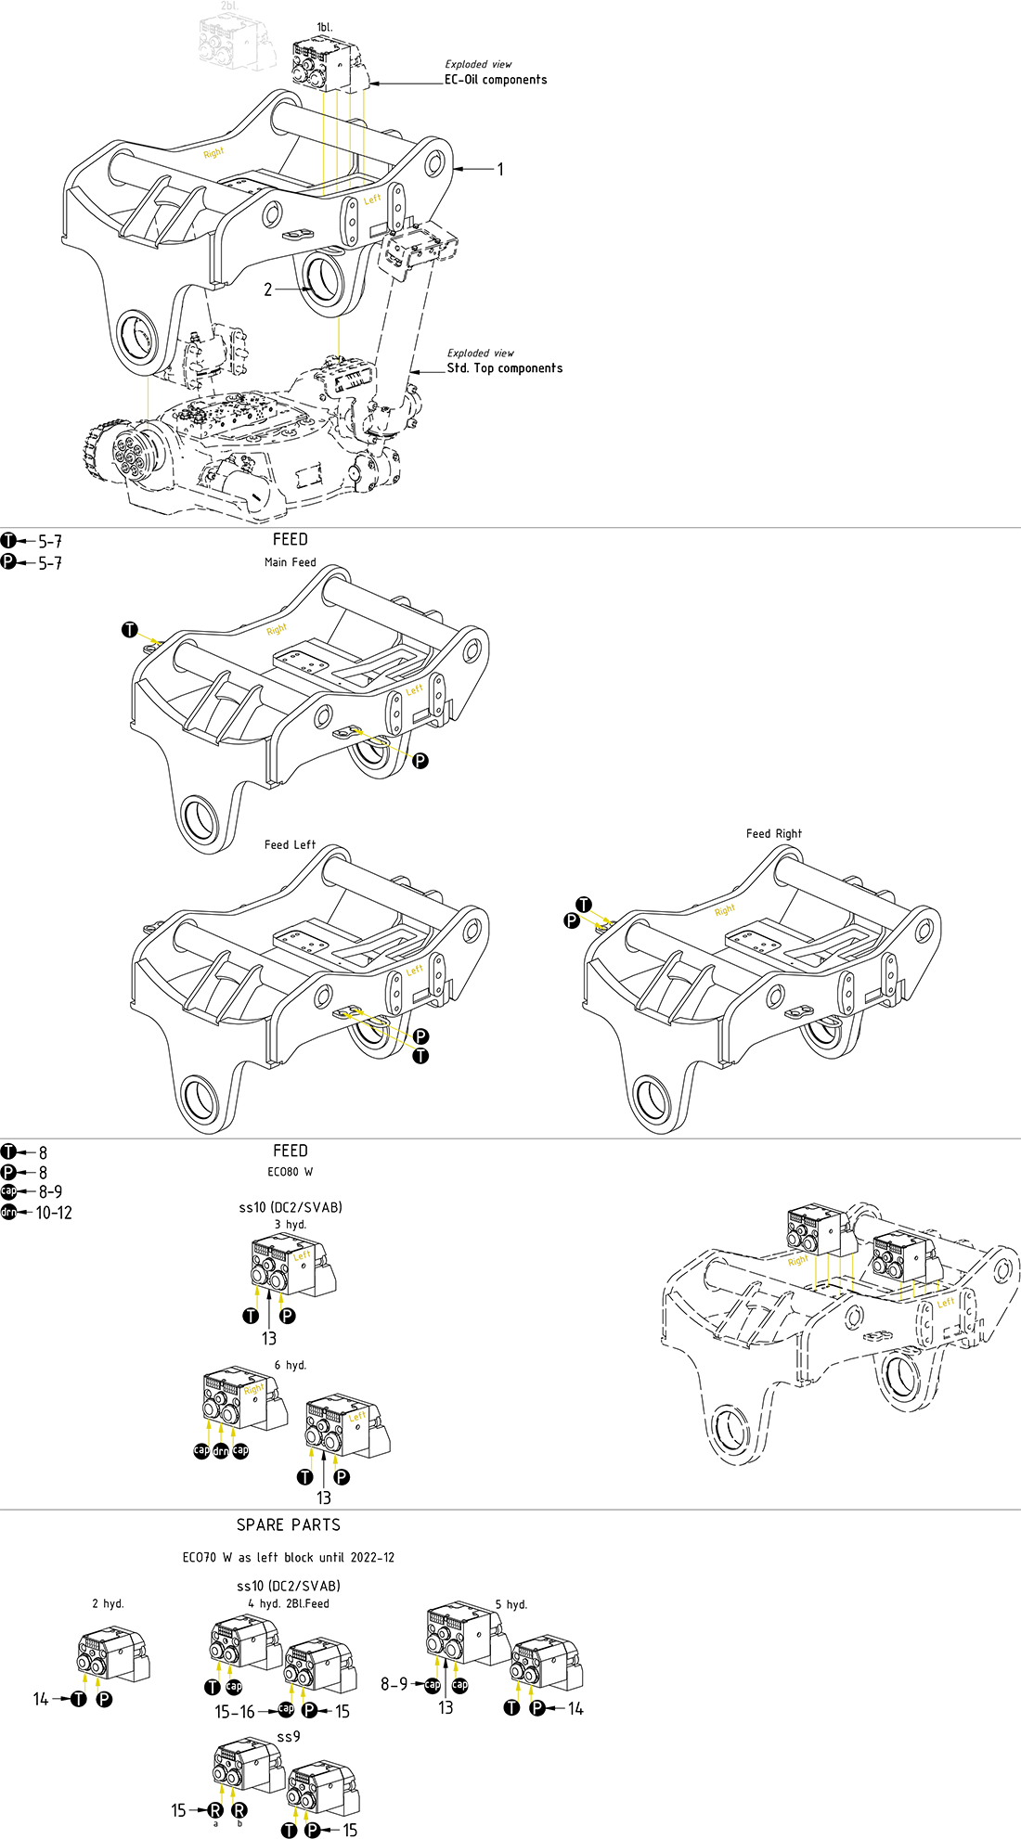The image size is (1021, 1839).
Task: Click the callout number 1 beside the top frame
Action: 500,169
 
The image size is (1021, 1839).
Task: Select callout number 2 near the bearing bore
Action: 268,289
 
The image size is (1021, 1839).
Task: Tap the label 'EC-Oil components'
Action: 496,80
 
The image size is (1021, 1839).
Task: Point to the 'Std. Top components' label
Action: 504,368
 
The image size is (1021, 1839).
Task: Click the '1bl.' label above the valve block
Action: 324,28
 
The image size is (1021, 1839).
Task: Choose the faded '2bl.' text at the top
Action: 228,6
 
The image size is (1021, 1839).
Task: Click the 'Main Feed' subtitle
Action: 290,562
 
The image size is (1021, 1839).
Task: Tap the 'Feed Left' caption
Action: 290,844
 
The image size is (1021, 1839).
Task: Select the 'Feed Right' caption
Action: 773,833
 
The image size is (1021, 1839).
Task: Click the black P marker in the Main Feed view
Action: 420,761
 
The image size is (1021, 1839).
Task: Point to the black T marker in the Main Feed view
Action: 130,630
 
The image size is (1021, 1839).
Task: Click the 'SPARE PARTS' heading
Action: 289,1525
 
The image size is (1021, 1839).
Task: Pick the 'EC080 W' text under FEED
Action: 290,1172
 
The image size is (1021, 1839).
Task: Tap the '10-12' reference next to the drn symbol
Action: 54,1213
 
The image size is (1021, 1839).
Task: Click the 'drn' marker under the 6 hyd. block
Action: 221,1451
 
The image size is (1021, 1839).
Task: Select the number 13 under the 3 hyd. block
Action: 268,1338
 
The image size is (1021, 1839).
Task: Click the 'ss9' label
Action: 289,1736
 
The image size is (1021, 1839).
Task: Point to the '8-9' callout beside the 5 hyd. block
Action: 394,1684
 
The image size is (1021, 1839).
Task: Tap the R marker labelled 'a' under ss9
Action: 215,1810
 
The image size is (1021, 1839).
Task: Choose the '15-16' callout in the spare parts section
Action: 235,1712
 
